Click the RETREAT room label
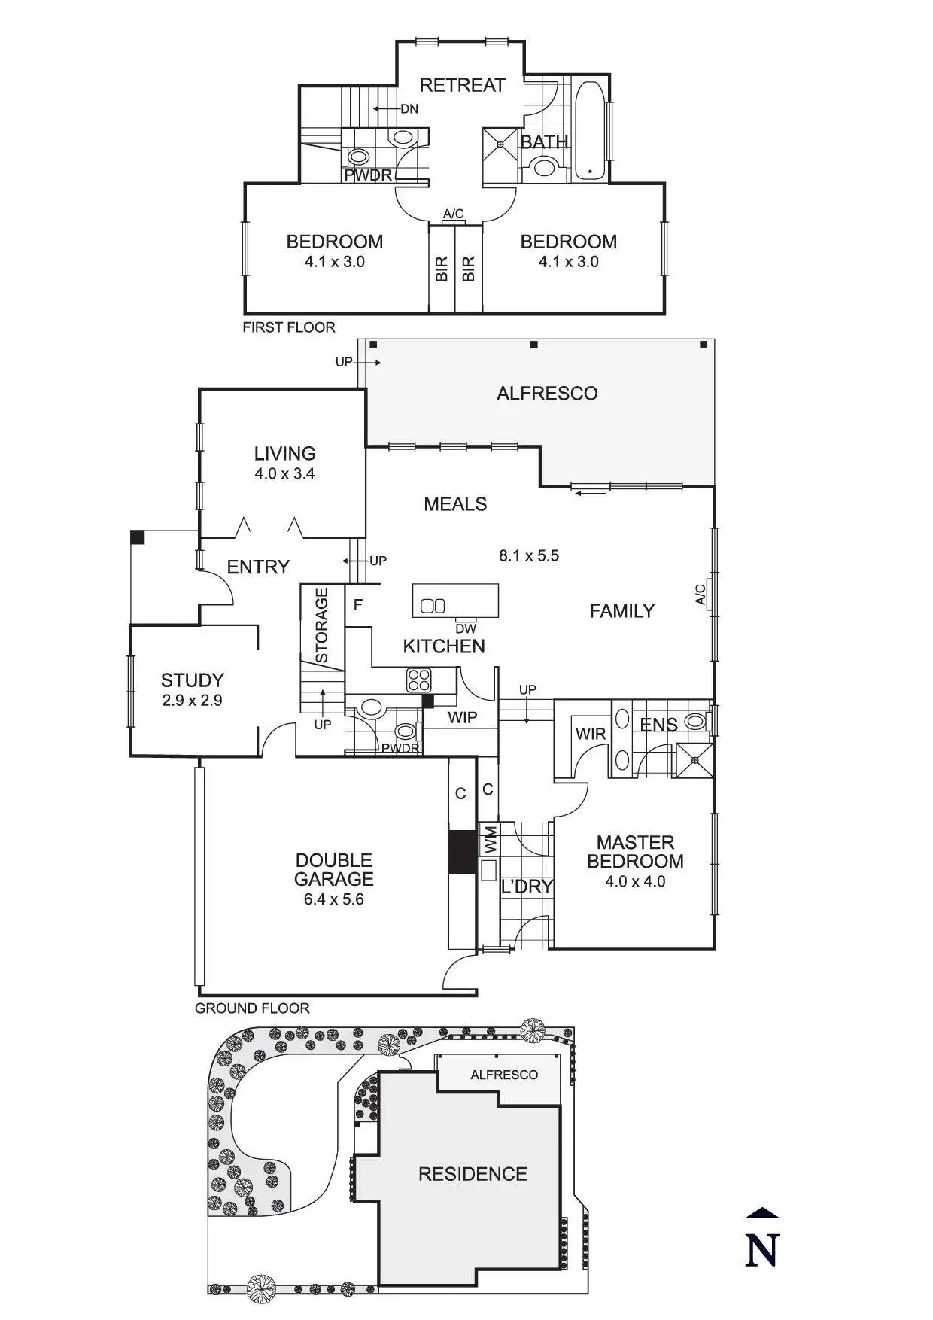point(462,85)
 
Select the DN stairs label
point(409,109)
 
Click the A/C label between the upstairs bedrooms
point(453,214)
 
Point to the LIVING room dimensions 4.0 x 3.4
point(284,474)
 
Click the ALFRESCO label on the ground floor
point(547,394)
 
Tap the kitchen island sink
point(433,606)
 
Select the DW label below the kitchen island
point(466,629)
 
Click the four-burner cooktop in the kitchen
point(419,680)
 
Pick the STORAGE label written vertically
point(322,625)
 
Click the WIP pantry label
point(462,718)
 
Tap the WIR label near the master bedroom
point(590,734)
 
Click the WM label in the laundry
point(490,839)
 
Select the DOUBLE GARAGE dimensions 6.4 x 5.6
point(333,899)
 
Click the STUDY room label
point(192,680)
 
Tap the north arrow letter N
point(761,1251)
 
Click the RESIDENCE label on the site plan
point(473,1174)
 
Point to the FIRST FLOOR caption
point(288,327)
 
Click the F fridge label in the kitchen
point(358,605)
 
